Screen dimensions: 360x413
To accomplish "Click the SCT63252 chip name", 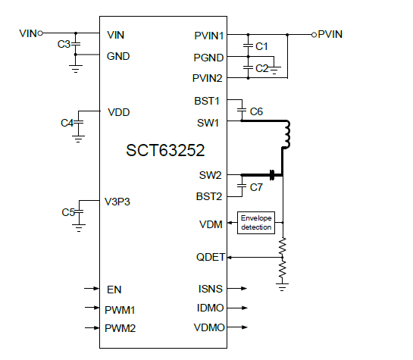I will tap(164, 150).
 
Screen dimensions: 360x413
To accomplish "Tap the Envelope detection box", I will tap(255, 222).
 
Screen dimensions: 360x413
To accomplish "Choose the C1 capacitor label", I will tap(261, 46).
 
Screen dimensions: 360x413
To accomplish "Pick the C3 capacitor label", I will tap(64, 45).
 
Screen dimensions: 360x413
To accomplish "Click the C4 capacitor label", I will tap(67, 123).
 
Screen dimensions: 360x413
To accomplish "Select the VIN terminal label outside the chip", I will tap(28, 33).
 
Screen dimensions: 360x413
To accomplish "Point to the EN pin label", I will tap(114, 289).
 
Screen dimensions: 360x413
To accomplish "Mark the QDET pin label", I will tap(210, 257).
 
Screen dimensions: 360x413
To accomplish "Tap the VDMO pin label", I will tap(210, 328).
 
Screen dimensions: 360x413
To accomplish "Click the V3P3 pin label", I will tap(120, 202).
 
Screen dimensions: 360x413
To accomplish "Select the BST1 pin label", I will tap(208, 100).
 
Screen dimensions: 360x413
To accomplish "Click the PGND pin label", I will tap(208, 58).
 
